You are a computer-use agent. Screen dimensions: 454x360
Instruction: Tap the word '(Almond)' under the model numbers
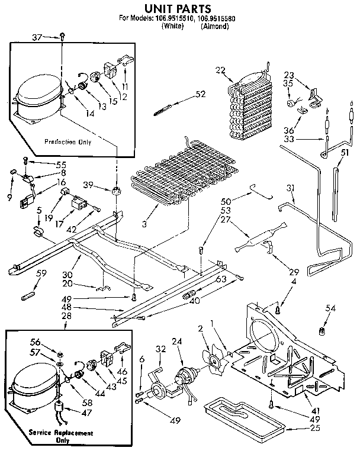tap(214, 26)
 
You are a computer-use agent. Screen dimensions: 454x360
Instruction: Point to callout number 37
tap(37, 37)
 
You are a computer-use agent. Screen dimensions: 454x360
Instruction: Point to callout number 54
tap(330, 308)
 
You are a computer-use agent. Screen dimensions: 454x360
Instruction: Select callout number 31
tap(290, 188)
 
